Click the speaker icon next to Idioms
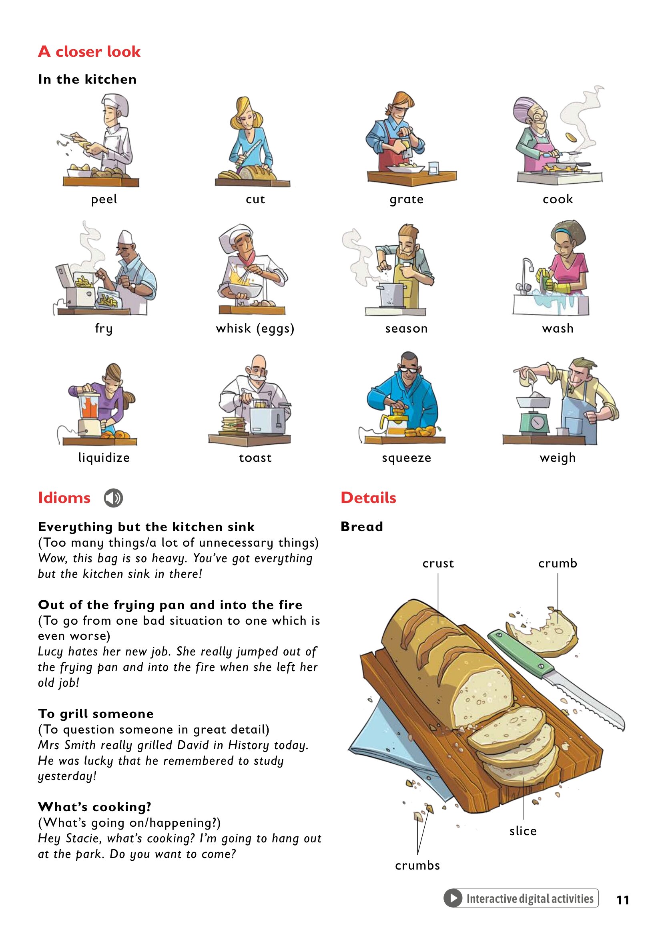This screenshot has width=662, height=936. coord(113,498)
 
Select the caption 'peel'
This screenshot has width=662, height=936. coord(104,199)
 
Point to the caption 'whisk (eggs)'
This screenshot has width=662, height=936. coord(255,329)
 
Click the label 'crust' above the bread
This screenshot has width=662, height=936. coord(438,563)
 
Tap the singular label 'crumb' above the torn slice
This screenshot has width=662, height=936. coord(558,563)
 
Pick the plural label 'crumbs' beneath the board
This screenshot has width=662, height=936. coord(417,865)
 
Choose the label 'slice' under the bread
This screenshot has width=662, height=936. coord(523,831)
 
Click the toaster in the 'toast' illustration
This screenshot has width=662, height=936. coord(267,420)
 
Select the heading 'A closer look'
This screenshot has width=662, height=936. coord(89,52)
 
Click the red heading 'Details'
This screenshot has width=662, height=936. coord(369,498)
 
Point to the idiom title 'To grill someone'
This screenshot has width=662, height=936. coord(96,714)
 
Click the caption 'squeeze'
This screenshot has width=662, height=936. coord(406,458)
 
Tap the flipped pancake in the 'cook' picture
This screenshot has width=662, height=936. coord(571,137)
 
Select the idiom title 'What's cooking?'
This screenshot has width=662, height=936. coord(94,807)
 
